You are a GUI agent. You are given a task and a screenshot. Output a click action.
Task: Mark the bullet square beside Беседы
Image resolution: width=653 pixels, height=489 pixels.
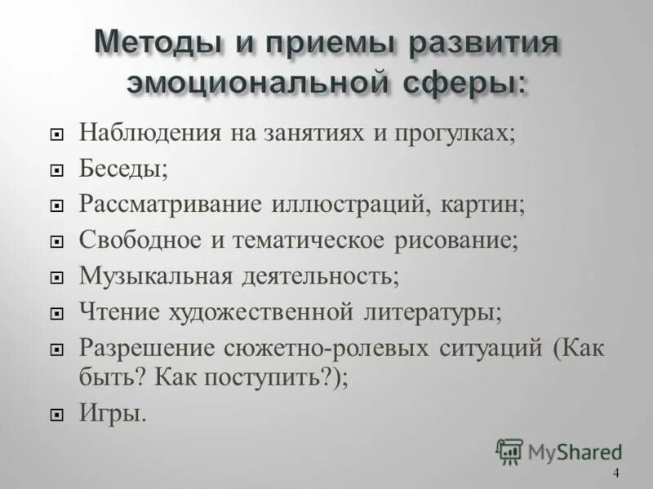pos(56,170)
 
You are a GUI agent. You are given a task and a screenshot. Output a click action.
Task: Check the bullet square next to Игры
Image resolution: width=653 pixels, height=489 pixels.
pos(56,415)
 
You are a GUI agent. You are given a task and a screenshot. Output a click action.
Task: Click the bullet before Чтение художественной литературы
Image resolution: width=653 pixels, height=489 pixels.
pos(56,312)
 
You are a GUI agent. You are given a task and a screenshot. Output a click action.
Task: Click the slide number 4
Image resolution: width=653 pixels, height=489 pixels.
pos(615,474)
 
